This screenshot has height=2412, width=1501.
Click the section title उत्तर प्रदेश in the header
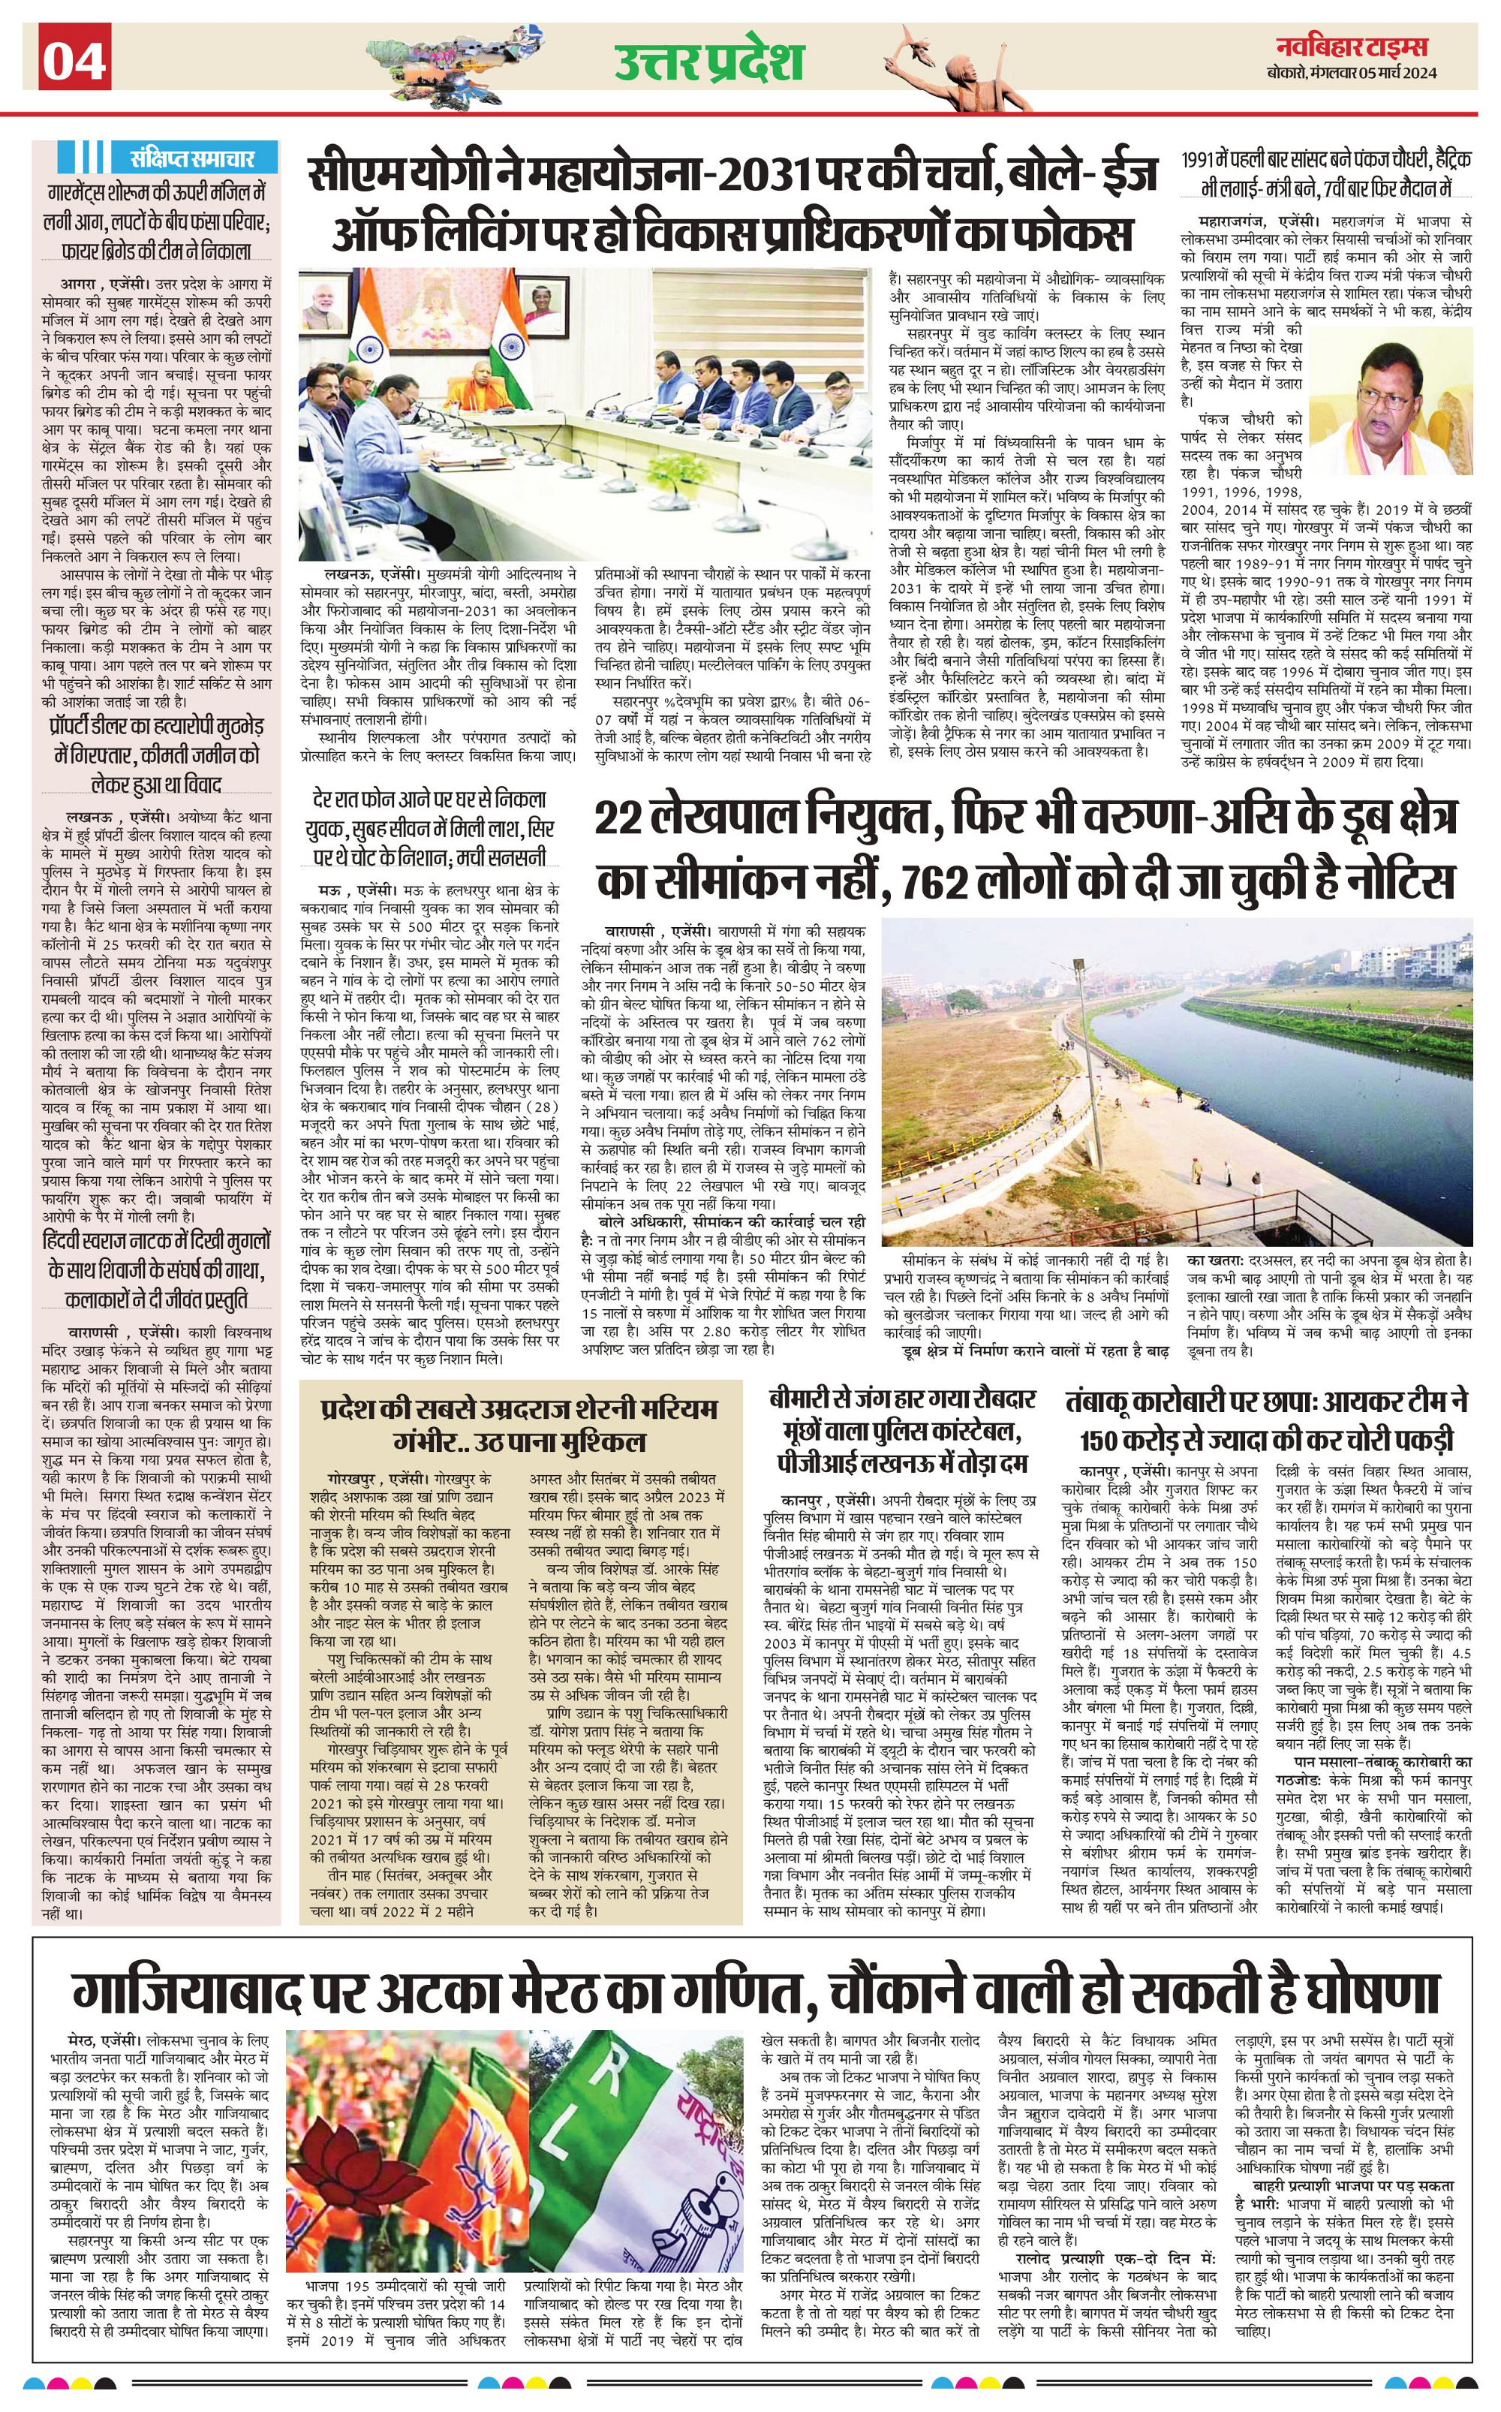click(x=707, y=62)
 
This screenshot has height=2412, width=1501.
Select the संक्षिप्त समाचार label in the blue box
click(x=191, y=157)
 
